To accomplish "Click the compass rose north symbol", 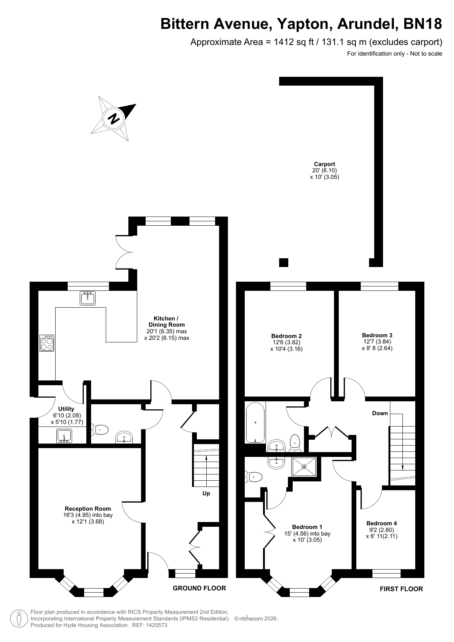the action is click(114, 119).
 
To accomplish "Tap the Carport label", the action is click(324, 164).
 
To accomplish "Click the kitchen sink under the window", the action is click(87, 298).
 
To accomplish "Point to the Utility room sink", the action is click(64, 436).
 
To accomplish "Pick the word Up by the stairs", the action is click(206, 493).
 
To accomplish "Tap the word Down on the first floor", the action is click(380, 413).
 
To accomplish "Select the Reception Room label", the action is click(88, 508).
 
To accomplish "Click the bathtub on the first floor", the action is click(255, 423).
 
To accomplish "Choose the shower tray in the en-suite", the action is click(304, 466).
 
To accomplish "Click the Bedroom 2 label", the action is click(286, 336).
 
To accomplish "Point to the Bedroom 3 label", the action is click(377, 335).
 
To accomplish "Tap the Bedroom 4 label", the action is click(382, 523).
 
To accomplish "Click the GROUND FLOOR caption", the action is click(199, 588).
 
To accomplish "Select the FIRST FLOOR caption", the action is click(401, 589).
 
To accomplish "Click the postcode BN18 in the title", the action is click(423, 24).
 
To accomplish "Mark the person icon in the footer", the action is click(19, 618).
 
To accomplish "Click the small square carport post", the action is click(284, 263).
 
